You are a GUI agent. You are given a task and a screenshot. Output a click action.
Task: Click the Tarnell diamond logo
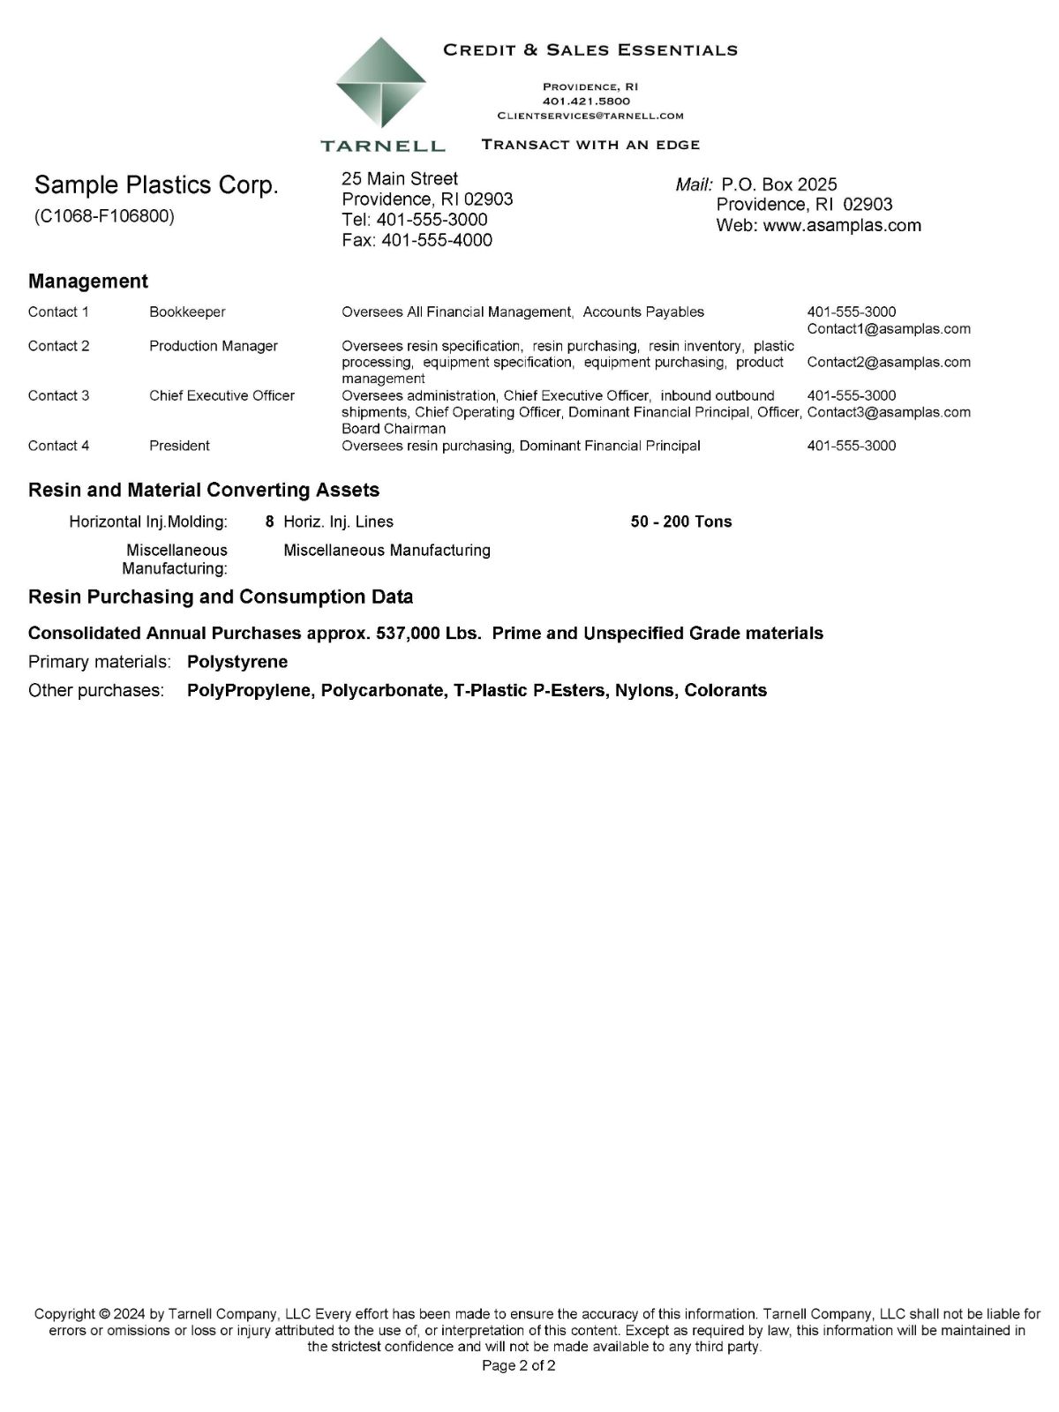tap(381, 86)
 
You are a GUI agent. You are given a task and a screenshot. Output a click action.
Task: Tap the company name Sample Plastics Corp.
tap(156, 185)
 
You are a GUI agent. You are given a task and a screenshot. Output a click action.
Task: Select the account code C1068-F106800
tap(104, 216)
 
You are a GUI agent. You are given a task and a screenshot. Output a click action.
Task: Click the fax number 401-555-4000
tap(437, 240)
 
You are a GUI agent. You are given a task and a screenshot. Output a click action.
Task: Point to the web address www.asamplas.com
tap(842, 225)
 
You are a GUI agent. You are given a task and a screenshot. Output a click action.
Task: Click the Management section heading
tap(88, 282)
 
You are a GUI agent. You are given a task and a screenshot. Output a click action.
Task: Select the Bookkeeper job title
tap(187, 312)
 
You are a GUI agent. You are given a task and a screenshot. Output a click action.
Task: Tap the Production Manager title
tap(214, 346)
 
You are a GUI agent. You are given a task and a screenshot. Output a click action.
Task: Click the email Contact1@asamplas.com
tap(889, 329)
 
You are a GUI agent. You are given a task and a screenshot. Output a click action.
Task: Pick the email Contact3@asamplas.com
tap(889, 412)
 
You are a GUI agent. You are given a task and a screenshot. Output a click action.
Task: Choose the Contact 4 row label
tap(58, 446)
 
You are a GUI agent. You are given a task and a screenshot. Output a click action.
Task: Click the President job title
tap(179, 446)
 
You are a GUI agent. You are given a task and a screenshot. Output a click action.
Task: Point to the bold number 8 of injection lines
tap(269, 522)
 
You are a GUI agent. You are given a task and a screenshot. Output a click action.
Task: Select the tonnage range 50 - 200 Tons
tap(681, 522)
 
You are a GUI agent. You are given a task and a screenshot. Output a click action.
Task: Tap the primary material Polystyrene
tap(237, 662)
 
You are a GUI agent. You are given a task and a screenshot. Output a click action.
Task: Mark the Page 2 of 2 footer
tap(519, 1367)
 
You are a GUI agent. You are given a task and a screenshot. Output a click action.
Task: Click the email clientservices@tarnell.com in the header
tap(590, 116)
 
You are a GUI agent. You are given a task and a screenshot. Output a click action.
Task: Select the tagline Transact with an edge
tap(590, 145)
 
